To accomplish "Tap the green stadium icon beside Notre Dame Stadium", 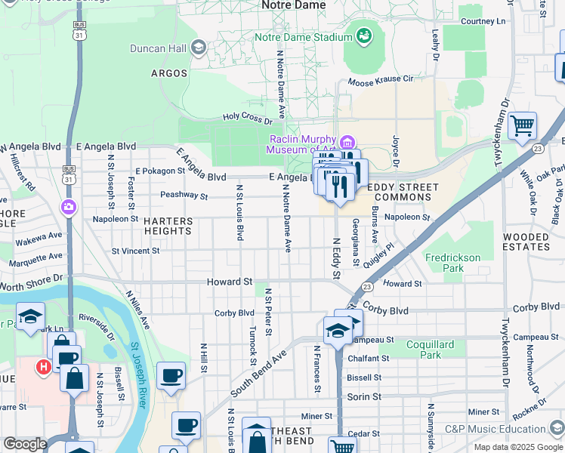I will (364, 35).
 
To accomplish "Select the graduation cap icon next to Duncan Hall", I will (199, 48).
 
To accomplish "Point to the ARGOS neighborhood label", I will (169, 73).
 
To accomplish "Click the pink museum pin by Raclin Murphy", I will (347, 142).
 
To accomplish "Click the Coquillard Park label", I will (430, 350).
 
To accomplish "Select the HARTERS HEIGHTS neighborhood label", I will (168, 227).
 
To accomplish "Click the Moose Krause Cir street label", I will (381, 80).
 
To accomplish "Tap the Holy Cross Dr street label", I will (247, 118).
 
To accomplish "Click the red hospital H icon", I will (44, 366).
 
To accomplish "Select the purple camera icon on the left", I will (69, 206).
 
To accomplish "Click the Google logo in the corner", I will (25, 444).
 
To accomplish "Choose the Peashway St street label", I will (184, 196).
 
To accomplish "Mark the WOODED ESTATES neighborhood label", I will (526, 242).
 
